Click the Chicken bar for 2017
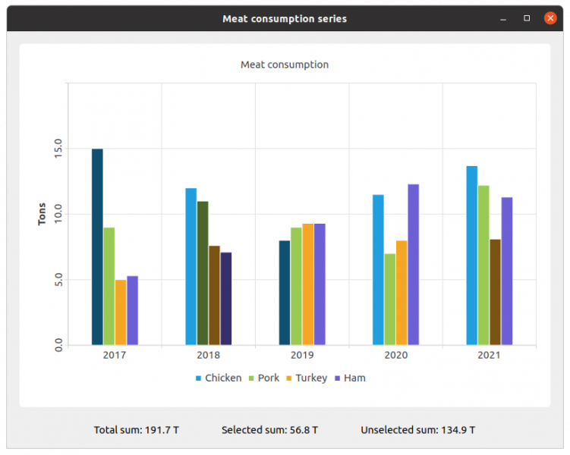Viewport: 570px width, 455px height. (x=97, y=246)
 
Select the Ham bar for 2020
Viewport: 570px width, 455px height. (x=413, y=264)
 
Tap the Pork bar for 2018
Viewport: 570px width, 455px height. (x=203, y=273)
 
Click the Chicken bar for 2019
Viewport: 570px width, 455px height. (x=285, y=293)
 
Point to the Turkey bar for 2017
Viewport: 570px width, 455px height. (x=121, y=312)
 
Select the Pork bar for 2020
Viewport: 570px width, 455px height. (x=389, y=299)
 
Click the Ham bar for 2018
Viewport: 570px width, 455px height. (x=226, y=299)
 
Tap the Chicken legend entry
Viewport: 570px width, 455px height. (x=219, y=378)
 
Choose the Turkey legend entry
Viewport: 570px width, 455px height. (x=307, y=378)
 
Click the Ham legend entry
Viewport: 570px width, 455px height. (x=350, y=378)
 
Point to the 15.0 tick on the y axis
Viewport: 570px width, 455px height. (x=58, y=149)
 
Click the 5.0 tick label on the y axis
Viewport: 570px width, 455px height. (x=58, y=280)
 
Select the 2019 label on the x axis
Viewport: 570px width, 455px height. (x=302, y=355)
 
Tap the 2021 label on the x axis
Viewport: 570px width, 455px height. (x=489, y=355)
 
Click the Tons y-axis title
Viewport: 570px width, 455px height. (x=43, y=214)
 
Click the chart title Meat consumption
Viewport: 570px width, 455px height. (x=285, y=64)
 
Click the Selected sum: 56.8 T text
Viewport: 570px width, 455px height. (x=269, y=430)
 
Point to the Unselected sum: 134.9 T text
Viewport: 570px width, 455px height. (x=417, y=430)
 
